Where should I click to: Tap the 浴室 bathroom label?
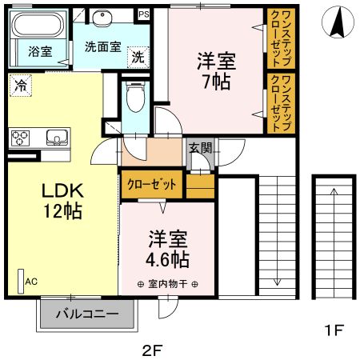[x=40, y=52]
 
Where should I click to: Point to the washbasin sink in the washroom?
[x=103, y=21]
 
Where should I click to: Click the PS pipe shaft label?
[x=143, y=14]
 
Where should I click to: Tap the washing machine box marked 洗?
[x=138, y=57]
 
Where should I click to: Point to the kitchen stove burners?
[x=21, y=137]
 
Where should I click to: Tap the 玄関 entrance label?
[x=200, y=147]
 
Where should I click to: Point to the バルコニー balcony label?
[x=87, y=314]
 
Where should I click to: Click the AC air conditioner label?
[x=31, y=282]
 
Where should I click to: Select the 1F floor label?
[x=333, y=329]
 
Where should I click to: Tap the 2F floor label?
[x=152, y=350]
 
